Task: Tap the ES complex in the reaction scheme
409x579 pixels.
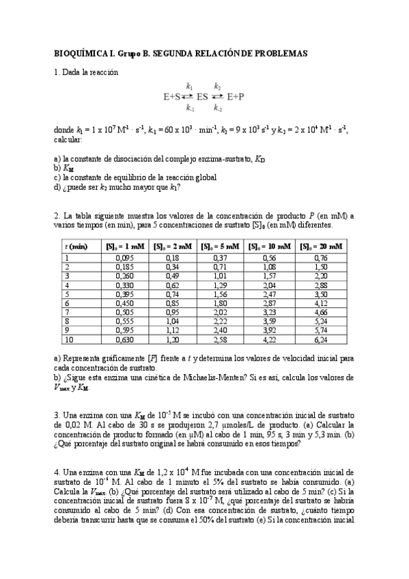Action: coord(202,97)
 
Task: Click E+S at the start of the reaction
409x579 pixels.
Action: coord(171,97)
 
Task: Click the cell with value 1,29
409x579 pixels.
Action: coord(219,285)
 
